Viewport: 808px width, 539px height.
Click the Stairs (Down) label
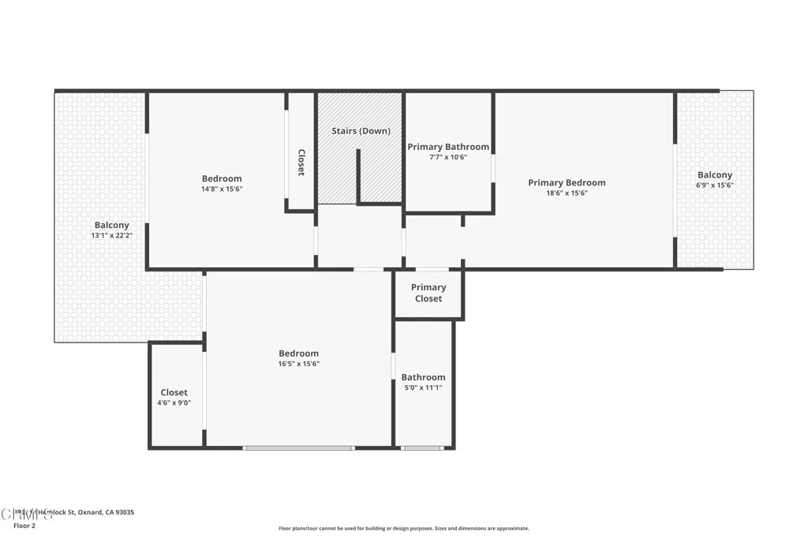pos(361,131)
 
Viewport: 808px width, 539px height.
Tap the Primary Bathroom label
pos(448,147)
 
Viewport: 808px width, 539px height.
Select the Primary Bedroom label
pos(567,183)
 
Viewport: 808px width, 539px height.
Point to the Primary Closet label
pos(428,293)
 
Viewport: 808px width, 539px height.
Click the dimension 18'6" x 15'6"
pos(567,193)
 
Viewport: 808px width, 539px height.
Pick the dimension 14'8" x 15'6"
pos(222,189)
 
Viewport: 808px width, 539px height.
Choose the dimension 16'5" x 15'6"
pos(298,364)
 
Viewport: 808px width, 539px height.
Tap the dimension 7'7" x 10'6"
pos(448,157)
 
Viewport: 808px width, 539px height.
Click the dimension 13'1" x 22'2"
pos(111,235)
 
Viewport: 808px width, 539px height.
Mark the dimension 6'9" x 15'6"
pos(714,185)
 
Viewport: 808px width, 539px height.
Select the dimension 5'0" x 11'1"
pos(423,387)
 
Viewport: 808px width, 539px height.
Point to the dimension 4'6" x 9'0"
pos(174,402)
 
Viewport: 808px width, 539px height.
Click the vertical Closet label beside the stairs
pos(301,163)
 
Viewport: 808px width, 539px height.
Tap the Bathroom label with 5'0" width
pos(423,377)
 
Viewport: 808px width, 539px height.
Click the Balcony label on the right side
pos(714,175)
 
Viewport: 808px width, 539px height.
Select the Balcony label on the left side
pos(111,225)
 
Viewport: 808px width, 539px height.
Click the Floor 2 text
pos(24,526)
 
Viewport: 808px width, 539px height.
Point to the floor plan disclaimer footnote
pos(403,529)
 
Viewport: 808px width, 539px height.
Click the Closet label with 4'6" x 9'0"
pos(174,392)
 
